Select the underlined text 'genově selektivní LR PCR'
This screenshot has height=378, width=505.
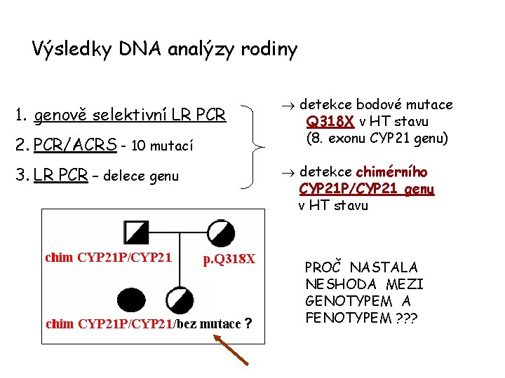pyautogui.click(x=130, y=113)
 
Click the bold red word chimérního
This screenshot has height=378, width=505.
pyautogui.click(x=392, y=172)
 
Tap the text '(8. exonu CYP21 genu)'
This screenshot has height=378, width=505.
pyautogui.click(x=377, y=138)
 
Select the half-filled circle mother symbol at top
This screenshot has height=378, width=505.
pyautogui.click(x=221, y=232)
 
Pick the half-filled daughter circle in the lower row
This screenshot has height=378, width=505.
pyautogui.click(x=180, y=299)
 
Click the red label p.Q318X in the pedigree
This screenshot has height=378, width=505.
pyautogui.click(x=230, y=259)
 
